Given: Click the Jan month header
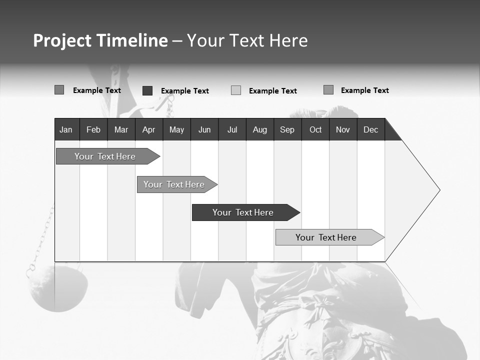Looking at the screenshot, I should point(66,129).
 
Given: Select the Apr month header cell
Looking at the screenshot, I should point(148,129).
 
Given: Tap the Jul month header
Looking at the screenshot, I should point(232,129).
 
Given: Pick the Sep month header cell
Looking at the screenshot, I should point(287,129).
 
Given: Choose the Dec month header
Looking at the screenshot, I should point(370,129).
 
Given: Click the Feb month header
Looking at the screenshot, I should point(93,129).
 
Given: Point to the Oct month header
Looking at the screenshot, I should point(315,129).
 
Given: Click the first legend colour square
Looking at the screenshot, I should point(59,90).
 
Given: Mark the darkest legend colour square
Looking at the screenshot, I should point(147,90).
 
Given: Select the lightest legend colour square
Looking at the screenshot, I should point(236,90).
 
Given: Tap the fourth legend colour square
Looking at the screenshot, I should point(328,90).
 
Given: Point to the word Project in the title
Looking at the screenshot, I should point(62,41).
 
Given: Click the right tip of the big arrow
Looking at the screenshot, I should point(438,190).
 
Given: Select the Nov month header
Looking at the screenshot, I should point(343,129).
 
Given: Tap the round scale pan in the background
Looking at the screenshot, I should point(55,289).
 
